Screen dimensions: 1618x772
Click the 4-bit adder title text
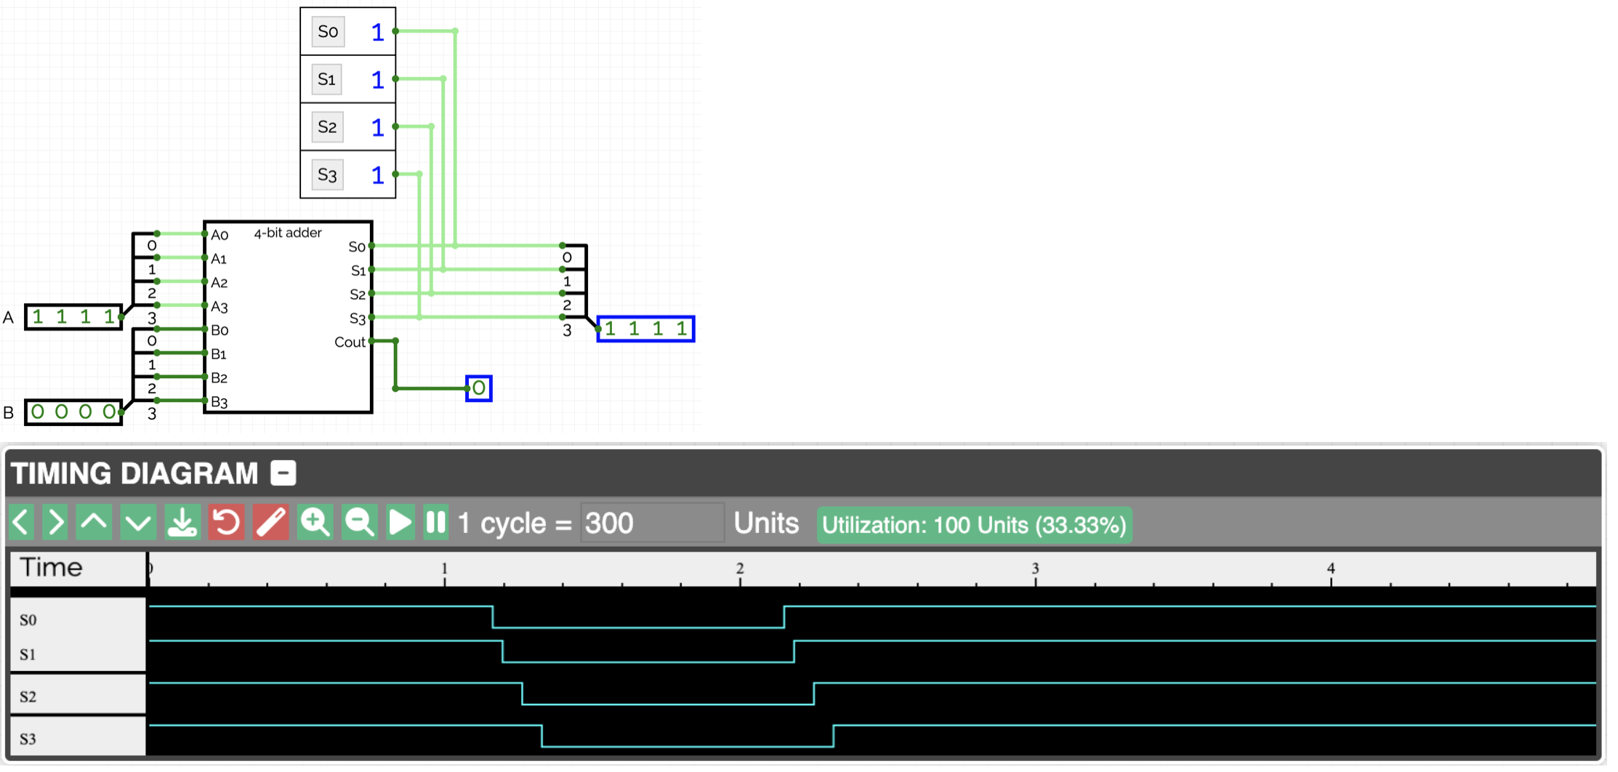(288, 233)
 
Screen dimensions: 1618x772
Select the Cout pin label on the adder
(350, 342)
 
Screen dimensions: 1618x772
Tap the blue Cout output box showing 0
(479, 388)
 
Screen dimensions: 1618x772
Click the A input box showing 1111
(73, 317)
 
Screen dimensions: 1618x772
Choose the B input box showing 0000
(73, 412)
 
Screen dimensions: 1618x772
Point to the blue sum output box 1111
(645, 329)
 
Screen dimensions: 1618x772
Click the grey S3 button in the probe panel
(327, 174)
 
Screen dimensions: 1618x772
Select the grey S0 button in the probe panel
(328, 31)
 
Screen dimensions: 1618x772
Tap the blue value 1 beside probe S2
(377, 127)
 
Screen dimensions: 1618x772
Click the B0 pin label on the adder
(220, 330)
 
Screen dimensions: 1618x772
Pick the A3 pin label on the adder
(220, 307)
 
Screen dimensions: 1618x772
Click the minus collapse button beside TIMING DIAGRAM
(283, 473)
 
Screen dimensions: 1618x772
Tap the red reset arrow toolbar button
(227, 523)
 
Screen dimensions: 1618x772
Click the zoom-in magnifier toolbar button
(315, 523)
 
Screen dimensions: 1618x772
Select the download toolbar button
(182, 523)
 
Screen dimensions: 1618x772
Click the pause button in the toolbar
(436, 523)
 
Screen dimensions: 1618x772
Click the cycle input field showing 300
(652, 523)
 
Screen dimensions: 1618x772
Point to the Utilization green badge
(974, 525)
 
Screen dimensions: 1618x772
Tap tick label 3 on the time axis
(1035, 568)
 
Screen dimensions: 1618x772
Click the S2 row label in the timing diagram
(28, 696)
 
